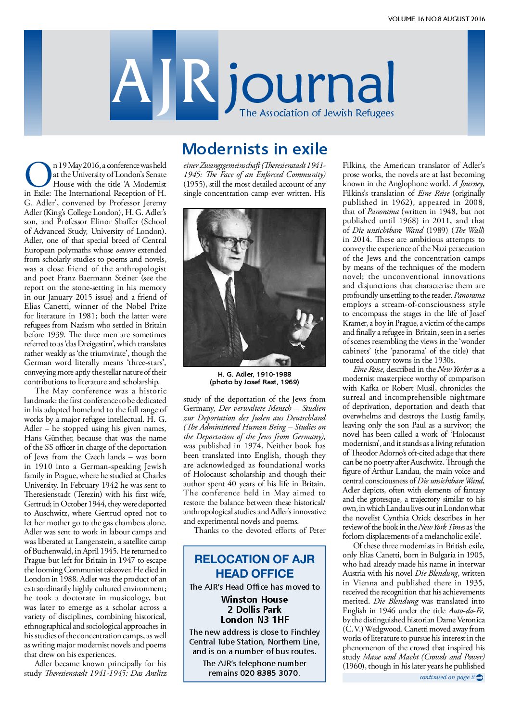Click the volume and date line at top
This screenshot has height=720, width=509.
(x=436, y=19)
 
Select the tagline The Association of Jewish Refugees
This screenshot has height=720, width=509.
(x=317, y=114)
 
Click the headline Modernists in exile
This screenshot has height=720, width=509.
(x=254, y=149)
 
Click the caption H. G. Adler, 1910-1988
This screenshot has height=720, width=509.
(x=254, y=374)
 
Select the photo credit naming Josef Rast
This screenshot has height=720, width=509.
(x=254, y=382)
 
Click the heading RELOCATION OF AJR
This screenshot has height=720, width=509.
(x=254, y=559)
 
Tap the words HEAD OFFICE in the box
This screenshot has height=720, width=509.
(x=254, y=574)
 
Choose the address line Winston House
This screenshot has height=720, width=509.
(x=254, y=600)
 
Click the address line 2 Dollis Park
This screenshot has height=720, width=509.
(x=254, y=610)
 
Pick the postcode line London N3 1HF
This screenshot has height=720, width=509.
(x=254, y=620)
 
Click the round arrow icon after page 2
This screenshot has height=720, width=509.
(x=479, y=677)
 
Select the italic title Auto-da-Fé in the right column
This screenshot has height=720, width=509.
(x=459, y=611)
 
